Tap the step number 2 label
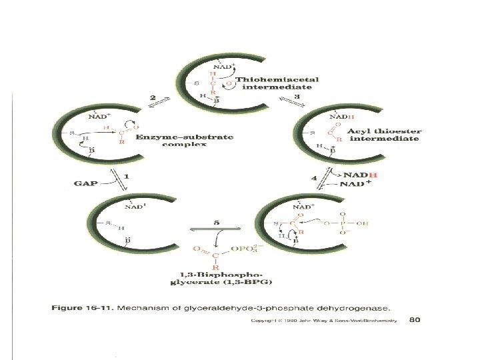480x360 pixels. point(153,97)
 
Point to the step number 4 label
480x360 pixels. point(314,178)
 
